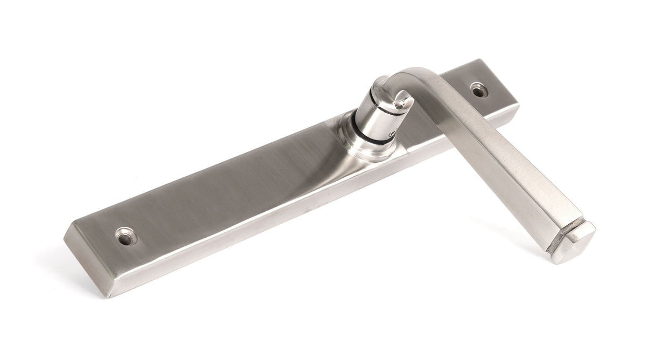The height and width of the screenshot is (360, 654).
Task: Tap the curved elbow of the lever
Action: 415,75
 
